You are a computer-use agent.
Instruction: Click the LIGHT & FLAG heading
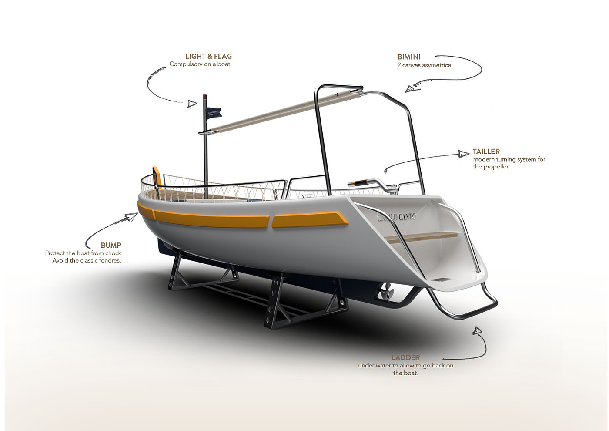pos(208,56)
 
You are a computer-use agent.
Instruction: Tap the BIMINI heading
pos(409,57)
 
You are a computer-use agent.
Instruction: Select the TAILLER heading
pos(486,152)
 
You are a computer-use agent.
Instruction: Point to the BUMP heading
pos(111,245)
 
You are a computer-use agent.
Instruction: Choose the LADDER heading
pos(405,358)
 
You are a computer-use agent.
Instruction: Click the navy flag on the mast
pos(214,112)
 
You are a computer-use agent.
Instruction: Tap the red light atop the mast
pos(205,96)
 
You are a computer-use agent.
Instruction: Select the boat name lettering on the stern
pos(396,216)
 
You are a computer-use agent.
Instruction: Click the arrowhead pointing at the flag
pos(192,104)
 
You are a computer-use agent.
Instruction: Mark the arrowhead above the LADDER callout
pos(477,331)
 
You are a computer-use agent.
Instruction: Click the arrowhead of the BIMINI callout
pos(411,89)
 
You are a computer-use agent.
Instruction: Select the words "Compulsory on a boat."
pos(200,64)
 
